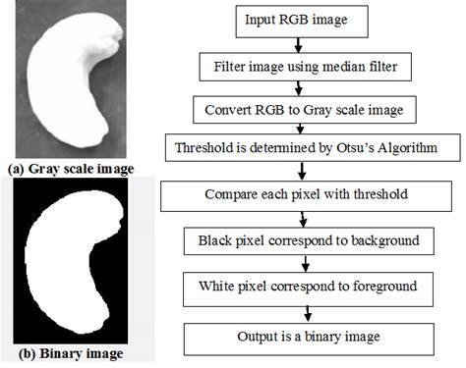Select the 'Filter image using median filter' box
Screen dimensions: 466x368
click(308, 68)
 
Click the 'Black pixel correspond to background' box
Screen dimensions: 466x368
click(309, 239)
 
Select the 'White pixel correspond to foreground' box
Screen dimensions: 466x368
click(309, 287)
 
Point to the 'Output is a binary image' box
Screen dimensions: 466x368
click(309, 335)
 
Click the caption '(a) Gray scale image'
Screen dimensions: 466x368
click(70, 169)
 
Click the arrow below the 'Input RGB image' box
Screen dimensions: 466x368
click(309, 46)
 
